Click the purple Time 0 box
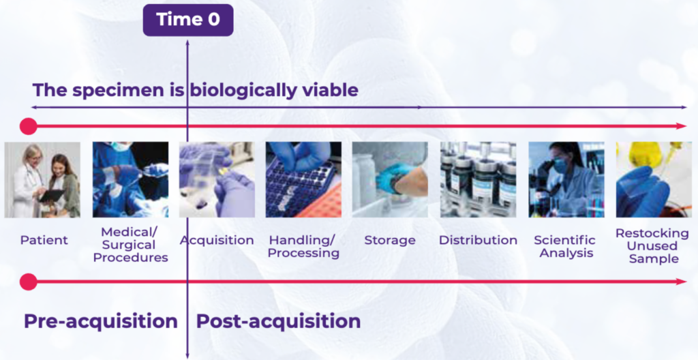click(187, 20)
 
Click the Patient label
click(44, 240)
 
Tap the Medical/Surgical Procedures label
click(129, 245)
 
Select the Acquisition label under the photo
click(217, 240)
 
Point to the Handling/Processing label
click(303, 246)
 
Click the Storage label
click(390, 240)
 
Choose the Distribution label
click(478, 240)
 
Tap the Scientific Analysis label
click(564, 246)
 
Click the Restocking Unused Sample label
click(652, 246)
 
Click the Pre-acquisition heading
click(101, 321)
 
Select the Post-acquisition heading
click(278, 321)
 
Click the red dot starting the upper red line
click(28, 126)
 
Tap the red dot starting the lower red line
click(28, 282)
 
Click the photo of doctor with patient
click(42, 180)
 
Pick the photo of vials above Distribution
click(477, 180)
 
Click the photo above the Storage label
click(390, 180)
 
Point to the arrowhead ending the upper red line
click(682, 126)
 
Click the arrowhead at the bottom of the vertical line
click(187, 355)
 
